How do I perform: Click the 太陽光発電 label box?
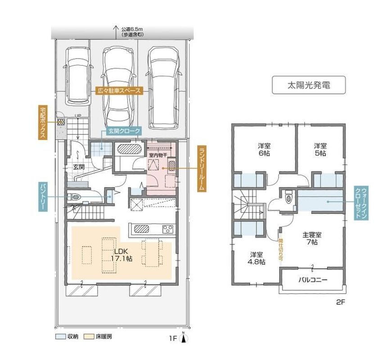(309, 85)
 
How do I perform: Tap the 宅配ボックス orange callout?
(42, 122)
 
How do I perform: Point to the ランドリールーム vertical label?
(202, 169)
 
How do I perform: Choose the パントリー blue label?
(42, 197)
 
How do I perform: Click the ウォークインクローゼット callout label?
(361, 203)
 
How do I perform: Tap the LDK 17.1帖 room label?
(121, 255)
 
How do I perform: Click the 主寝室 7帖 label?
(312, 238)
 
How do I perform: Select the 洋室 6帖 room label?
(264, 149)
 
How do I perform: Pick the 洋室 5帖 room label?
(320, 149)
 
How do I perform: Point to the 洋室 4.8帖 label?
(256, 258)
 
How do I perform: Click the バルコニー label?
(313, 280)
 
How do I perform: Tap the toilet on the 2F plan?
(289, 197)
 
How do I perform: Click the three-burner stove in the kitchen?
(169, 229)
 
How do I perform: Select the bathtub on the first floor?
(129, 149)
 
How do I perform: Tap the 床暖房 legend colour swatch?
(89, 337)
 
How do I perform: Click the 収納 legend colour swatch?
(60, 337)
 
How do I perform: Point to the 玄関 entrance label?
(79, 167)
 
